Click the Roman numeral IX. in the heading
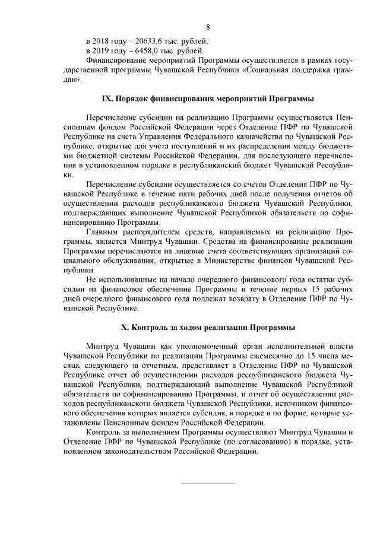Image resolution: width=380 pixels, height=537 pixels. coord(107,98)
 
